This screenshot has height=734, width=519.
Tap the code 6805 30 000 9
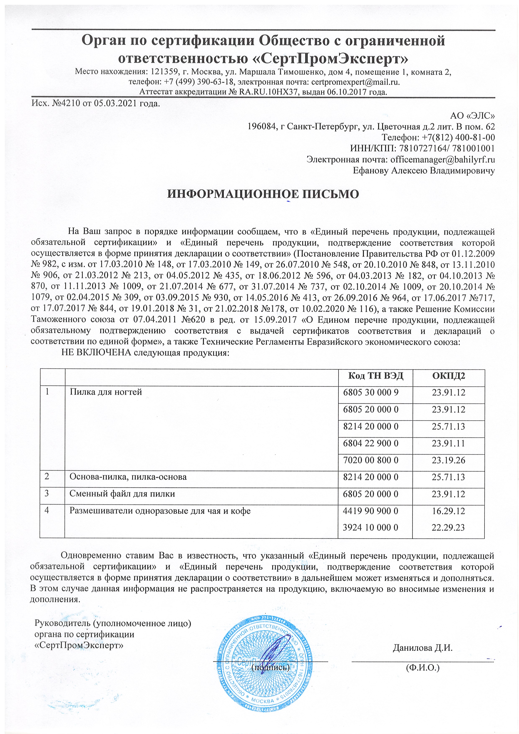[371, 392]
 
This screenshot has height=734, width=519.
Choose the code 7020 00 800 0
[371, 460]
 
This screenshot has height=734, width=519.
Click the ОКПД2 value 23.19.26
[448, 460]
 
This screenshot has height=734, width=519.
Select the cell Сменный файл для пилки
[122, 494]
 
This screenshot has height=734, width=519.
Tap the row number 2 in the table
[47, 477]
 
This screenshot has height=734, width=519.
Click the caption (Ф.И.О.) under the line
[423, 668]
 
